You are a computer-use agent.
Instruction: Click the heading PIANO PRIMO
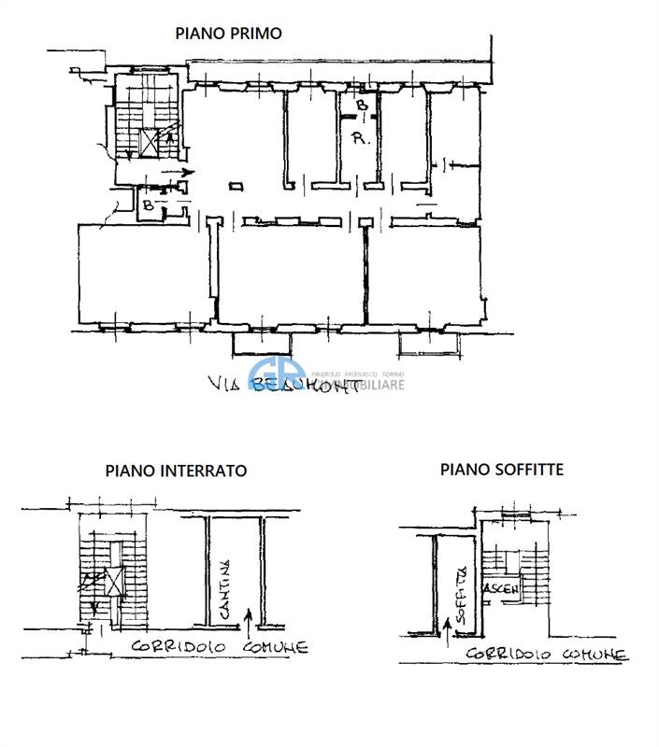point(229,34)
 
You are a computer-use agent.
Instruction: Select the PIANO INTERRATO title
point(176,472)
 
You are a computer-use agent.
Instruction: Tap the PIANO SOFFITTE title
point(502,470)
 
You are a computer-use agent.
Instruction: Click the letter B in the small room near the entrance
point(148,204)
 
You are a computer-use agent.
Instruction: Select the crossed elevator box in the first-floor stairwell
point(149,142)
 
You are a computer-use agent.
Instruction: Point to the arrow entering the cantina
point(248,616)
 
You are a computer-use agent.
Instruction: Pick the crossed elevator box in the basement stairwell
point(114,582)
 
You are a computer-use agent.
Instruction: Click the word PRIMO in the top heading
point(257,34)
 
